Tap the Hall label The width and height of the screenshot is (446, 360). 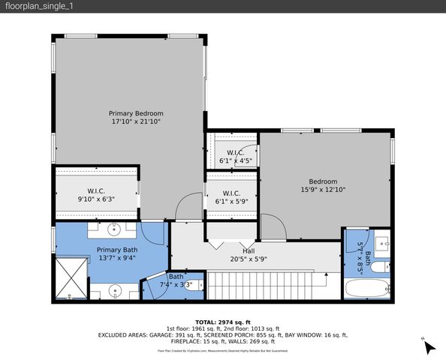pos(249,250)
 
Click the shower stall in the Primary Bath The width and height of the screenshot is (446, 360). pos(68,277)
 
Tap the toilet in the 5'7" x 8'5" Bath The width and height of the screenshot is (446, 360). pos(381,264)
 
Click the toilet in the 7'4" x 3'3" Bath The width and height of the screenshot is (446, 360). pos(155,286)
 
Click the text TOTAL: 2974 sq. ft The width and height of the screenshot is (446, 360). pos(223,321)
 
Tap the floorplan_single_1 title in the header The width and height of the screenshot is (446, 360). pos(37,6)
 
